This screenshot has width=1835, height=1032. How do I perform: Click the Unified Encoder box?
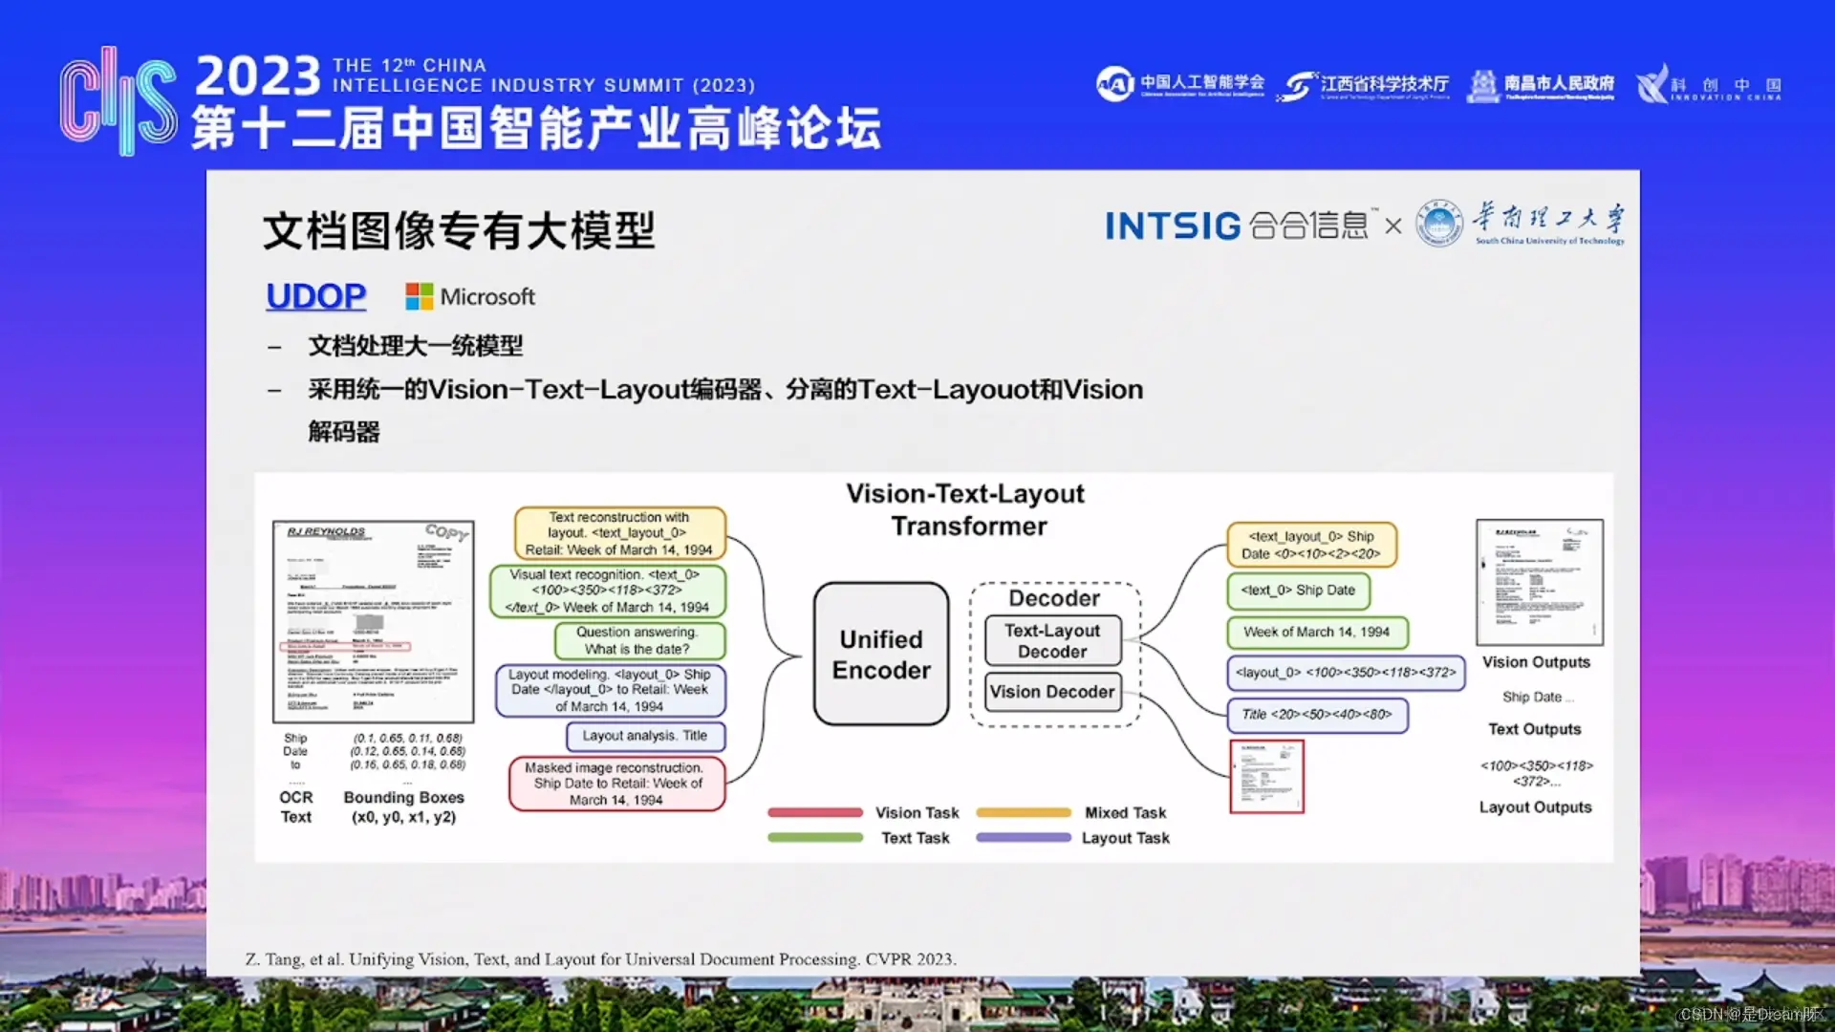880,655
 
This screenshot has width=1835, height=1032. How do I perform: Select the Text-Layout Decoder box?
1051,641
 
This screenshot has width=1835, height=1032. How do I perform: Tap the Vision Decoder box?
1051,691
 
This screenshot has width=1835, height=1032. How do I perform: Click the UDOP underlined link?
315,296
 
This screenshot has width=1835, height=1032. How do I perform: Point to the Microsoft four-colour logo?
419,296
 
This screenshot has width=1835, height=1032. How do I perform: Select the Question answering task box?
637,640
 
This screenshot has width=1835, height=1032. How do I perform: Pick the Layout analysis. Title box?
645,736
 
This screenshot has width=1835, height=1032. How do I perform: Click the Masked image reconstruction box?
617,784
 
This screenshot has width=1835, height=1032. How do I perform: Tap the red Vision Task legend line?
814,812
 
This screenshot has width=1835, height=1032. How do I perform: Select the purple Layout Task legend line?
1023,837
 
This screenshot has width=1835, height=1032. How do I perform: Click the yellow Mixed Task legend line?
1023,812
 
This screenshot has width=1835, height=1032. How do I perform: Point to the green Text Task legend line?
814,837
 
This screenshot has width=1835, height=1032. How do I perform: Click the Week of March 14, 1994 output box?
1316,632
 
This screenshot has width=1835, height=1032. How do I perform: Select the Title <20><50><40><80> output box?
1316,714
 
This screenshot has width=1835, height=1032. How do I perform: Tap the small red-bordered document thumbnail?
1266,776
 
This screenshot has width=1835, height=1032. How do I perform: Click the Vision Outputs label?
1536,662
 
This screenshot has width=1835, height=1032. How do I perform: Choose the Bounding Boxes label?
403,797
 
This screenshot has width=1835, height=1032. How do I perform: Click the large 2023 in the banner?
258,76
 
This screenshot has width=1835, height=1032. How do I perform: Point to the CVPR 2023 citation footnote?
600,958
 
